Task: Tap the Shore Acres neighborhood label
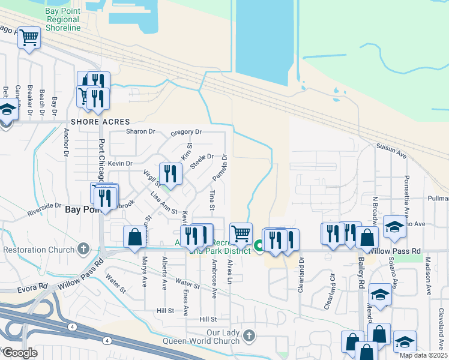tap(92, 121)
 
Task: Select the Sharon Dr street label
tap(140, 131)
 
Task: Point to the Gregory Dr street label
tap(186, 132)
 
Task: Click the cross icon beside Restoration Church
tap(85, 248)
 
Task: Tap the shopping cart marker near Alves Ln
tap(241, 233)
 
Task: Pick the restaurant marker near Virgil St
tap(170, 174)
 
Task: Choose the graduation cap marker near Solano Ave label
tap(394, 227)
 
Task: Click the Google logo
tap(20, 353)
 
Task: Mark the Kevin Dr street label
tap(120, 163)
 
